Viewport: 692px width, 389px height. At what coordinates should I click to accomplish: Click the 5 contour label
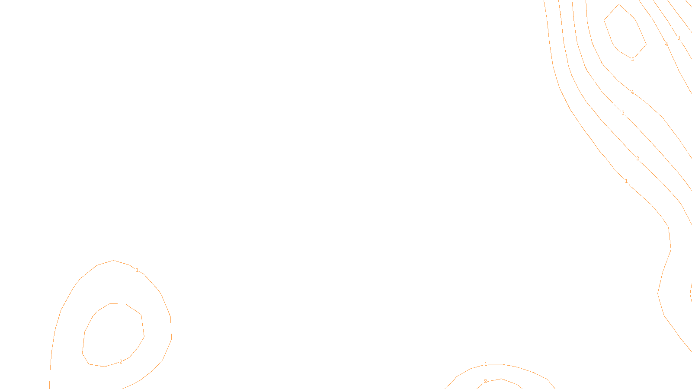[x=633, y=59]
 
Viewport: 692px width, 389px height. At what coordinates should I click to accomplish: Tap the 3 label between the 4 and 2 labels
[x=623, y=113]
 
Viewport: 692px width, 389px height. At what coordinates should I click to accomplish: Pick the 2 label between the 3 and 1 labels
[x=638, y=159]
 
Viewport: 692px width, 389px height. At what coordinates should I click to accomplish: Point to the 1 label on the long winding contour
[x=626, y=181]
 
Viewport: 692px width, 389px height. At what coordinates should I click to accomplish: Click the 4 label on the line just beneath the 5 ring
[x=632, y=92]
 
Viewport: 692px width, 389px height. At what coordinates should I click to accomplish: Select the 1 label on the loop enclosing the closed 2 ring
[x=137, y=270]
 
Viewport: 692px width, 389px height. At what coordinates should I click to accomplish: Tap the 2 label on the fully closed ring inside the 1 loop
[x=121, y=362]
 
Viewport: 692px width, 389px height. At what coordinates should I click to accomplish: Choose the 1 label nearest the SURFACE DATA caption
[x=486, y=364]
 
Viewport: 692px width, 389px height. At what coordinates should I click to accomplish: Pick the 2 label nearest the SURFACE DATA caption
[x=485, y=381]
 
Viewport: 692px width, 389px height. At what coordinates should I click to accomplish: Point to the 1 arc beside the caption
[x=519, y=367]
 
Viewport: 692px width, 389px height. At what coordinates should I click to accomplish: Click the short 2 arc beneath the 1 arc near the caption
[x=502, y=379]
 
